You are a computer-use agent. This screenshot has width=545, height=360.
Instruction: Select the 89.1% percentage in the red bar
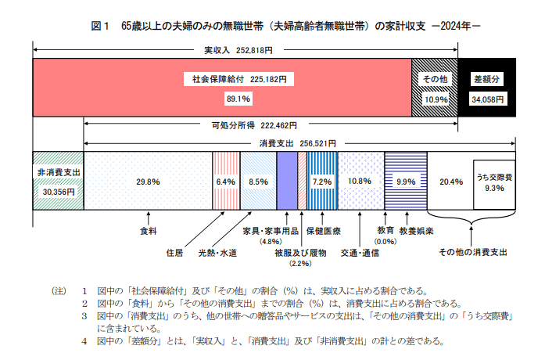pyautogui.click(x=238, y=99)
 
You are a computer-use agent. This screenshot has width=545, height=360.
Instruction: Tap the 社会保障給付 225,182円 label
pyautogui.click(x=238, y=79)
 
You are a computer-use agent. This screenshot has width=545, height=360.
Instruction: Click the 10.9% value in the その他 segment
pyautogui.click(x=436, y=99)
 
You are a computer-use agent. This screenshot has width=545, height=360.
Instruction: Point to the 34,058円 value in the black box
pyautogui.click(x=486, y=99)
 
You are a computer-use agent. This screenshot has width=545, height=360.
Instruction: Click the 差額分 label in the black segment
pyautogui.click(x=486, y=79)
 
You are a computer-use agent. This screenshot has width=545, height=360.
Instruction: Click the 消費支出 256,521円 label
pyautogui.click(x=297, y=143)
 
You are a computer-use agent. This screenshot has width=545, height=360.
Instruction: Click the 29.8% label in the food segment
pyautogui.click(x=148, y=181)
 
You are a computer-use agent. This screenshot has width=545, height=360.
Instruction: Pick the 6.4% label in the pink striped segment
pyautogui.click(x=225, y=181)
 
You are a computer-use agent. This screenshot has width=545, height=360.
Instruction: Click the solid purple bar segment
pyautogui.click(x=287, y=181)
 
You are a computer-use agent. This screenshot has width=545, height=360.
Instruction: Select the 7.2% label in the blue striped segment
pyautogui.click(x=321, y=181)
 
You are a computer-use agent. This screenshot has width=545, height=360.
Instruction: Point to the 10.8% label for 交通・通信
pyautogui.click(x=360, y=181)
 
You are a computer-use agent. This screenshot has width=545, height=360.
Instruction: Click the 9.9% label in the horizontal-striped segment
pyautogui.click(x=406, y=181)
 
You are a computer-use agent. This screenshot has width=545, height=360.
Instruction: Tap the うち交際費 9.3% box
pyautogui.click(x=494, y=182)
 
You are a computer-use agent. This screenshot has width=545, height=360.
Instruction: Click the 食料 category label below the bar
pyautogui.click(x=148, y=232)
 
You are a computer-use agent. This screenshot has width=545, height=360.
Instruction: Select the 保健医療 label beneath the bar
pyautogui.click(x=322, y=232)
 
